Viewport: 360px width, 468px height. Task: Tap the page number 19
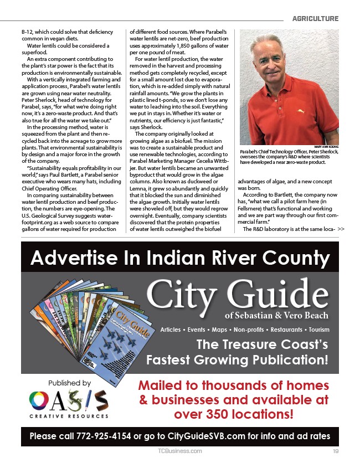pyautogui.click(x=336, y=451)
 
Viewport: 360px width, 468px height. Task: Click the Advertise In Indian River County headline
pyautogui.click(x=180, y=258)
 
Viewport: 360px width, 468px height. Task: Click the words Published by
pyautogui.click(x=69, y=383)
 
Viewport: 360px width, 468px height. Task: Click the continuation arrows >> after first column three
pyautogui.click(x=341, y=229)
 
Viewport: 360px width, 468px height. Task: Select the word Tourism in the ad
pyautogui.click(x=315, y=330)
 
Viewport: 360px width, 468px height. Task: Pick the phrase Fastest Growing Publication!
pyautogui.click(x=237, y=361)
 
